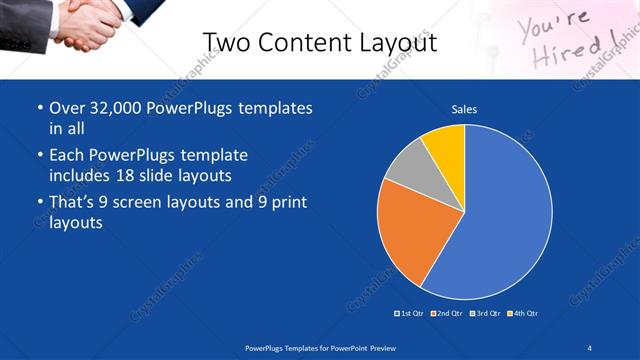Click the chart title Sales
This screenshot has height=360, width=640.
click(464, 109)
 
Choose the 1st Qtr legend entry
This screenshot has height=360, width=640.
click(410, 313)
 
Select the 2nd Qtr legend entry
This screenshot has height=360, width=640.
click(446, 313)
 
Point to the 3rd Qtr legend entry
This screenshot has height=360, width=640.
click(484, 313)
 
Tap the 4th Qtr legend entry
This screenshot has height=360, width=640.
click(522, 313)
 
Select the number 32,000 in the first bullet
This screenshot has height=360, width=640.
click(119, 107)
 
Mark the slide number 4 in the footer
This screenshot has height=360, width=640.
click(590, 348)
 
